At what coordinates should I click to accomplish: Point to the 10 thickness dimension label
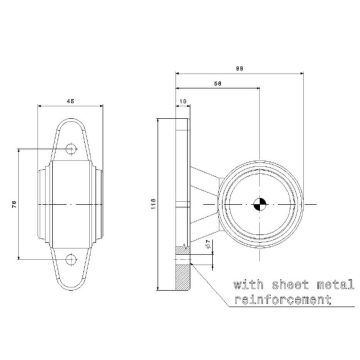point(183,101)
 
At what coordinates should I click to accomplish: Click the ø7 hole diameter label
point(206,244)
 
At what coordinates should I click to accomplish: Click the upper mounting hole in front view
point(71,149)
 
